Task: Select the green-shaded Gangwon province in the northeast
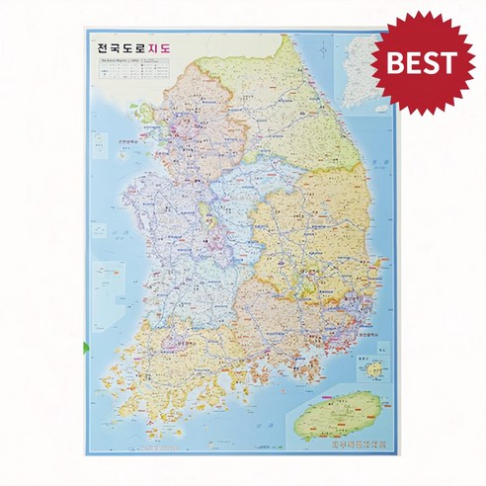tap(296, 109)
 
